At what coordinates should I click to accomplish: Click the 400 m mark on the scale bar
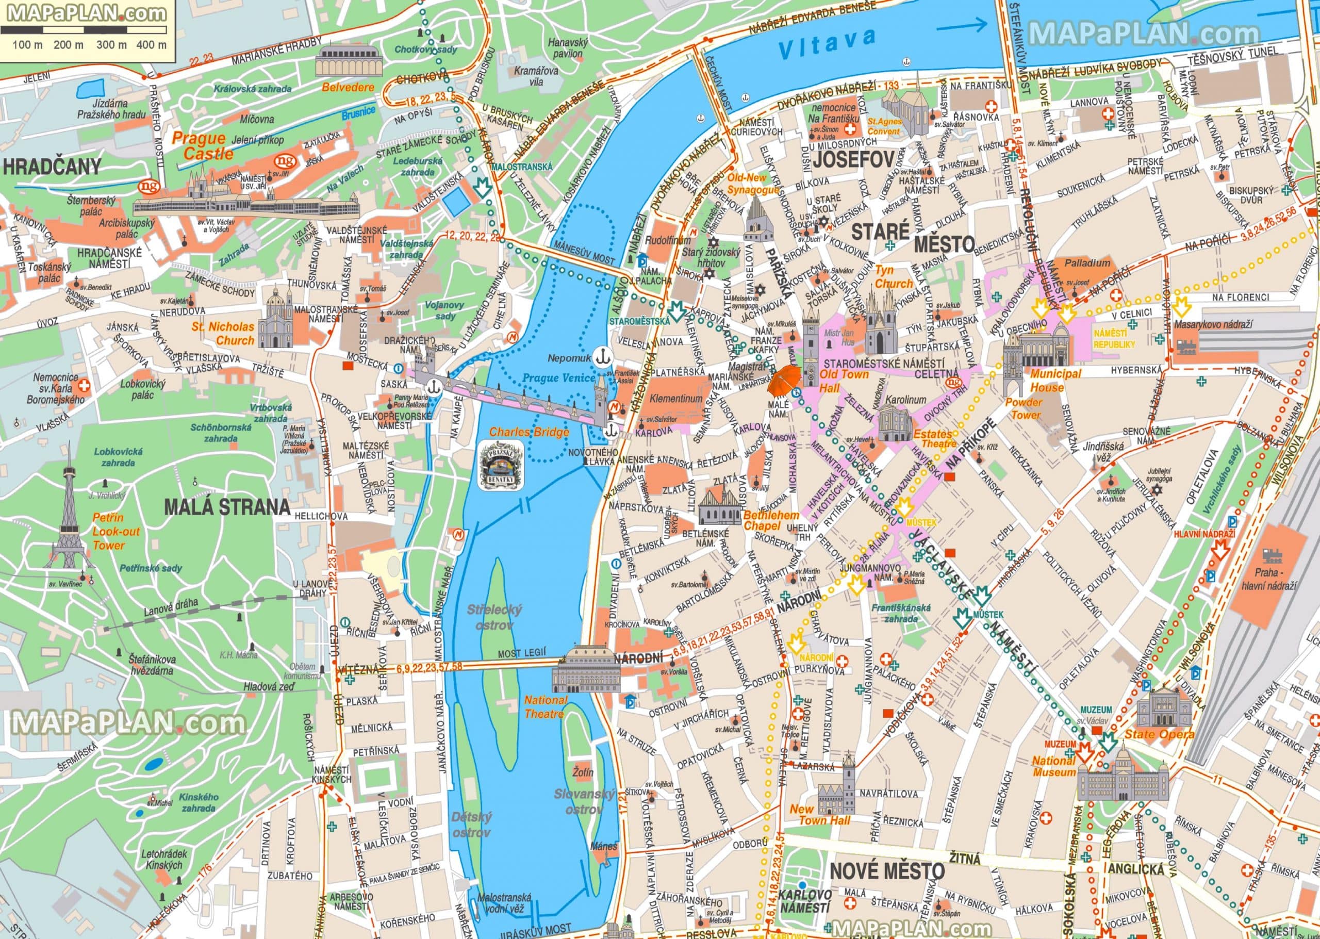[152, 44]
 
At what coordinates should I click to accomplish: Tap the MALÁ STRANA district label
[227, 507]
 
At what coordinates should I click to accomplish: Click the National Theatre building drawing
[585, 671]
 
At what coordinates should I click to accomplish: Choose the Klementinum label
[676, 399]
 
